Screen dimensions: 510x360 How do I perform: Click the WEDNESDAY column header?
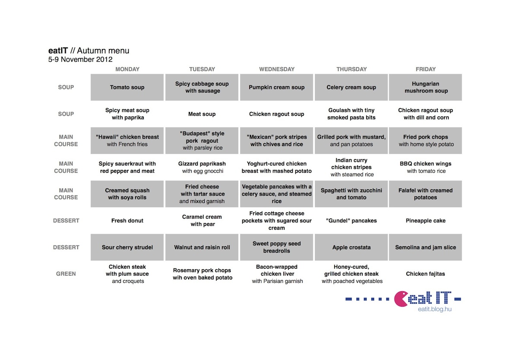277,69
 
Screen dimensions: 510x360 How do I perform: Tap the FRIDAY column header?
425,69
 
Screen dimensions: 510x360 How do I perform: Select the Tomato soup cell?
127,87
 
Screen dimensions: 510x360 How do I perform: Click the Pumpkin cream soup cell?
276,87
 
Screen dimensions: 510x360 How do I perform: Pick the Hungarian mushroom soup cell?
425,87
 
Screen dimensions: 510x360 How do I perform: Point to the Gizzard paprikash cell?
202,167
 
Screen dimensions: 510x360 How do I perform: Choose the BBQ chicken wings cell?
425,167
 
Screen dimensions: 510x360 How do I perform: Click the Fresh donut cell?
127,221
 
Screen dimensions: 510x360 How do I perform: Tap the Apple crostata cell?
351,247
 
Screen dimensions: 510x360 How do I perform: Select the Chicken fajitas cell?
425,274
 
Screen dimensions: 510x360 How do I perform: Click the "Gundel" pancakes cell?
351,221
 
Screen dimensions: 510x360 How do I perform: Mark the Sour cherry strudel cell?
127,247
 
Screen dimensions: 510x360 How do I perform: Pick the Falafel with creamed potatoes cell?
425,194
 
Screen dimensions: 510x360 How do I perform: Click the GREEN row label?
66,274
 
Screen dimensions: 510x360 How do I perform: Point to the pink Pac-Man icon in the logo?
401,299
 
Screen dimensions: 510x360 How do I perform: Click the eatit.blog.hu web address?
434,309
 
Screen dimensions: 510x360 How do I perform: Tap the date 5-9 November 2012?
80,60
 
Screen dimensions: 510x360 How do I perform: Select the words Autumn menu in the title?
103,51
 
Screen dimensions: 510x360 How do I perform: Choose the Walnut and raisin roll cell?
202,247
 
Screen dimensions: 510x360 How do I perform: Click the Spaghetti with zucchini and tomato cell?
351,194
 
